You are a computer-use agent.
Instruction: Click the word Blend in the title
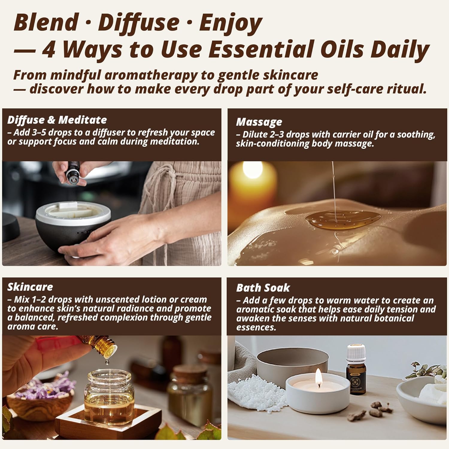click(45, 23)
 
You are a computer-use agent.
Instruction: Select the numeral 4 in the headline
click(48, 50)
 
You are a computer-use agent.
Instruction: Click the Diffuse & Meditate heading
click(57, 120)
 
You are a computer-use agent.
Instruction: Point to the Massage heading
click(259, 122)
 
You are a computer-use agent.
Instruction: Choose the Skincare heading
click(30, 287)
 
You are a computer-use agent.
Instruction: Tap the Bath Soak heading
click(263, 288)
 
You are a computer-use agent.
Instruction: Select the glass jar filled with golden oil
click(109, 395)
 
